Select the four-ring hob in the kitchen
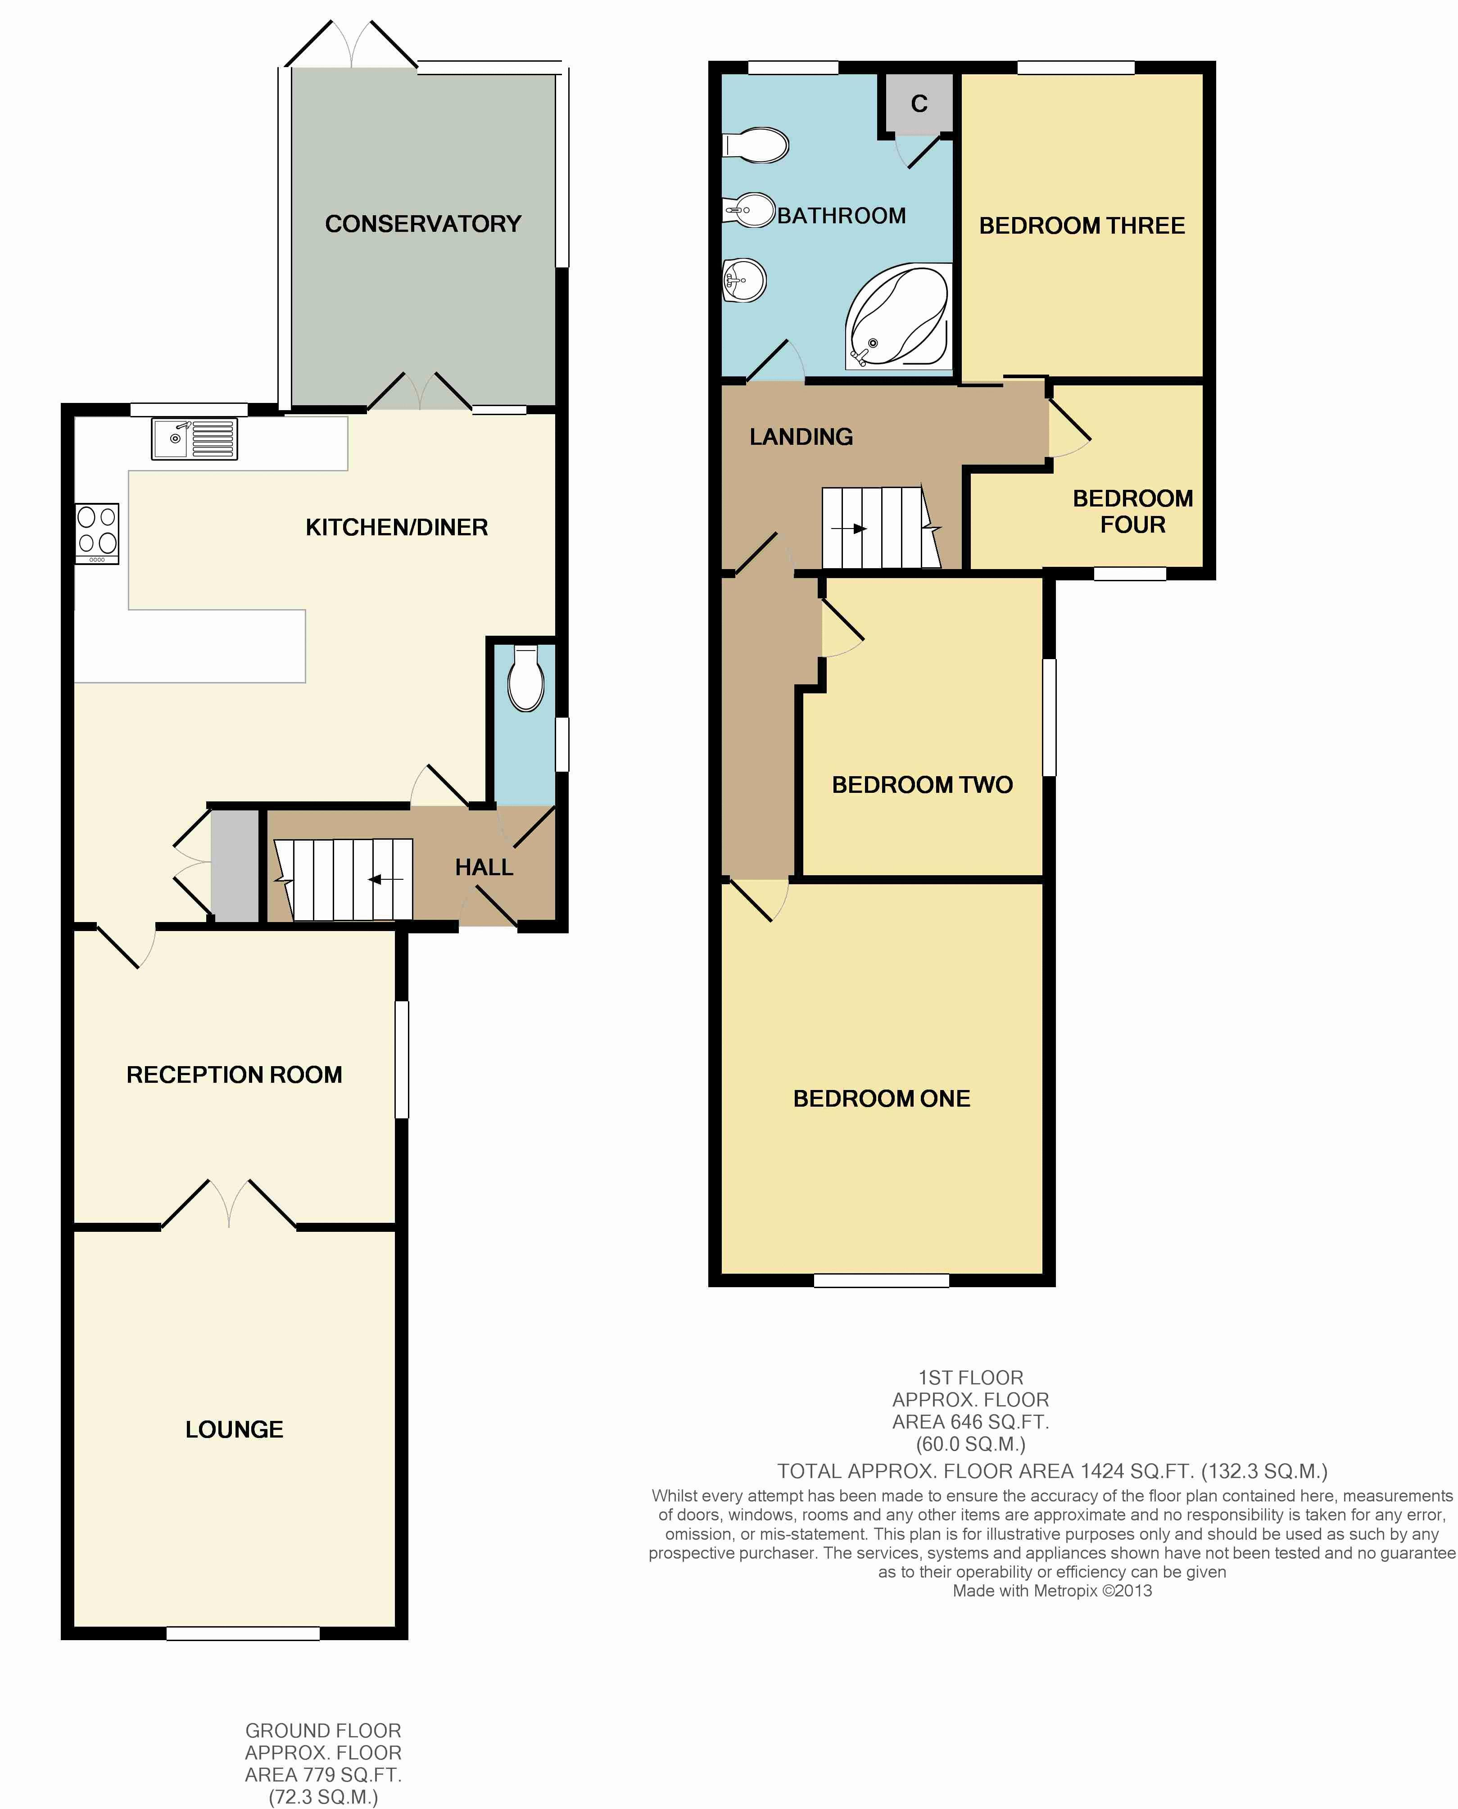point(97,534)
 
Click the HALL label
point(484,868)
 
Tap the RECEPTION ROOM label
point(234,1075)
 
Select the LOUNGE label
point(234,1429)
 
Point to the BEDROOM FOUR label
point(1133,511)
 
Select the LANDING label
point(801,437)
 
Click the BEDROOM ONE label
point(882,1099)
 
